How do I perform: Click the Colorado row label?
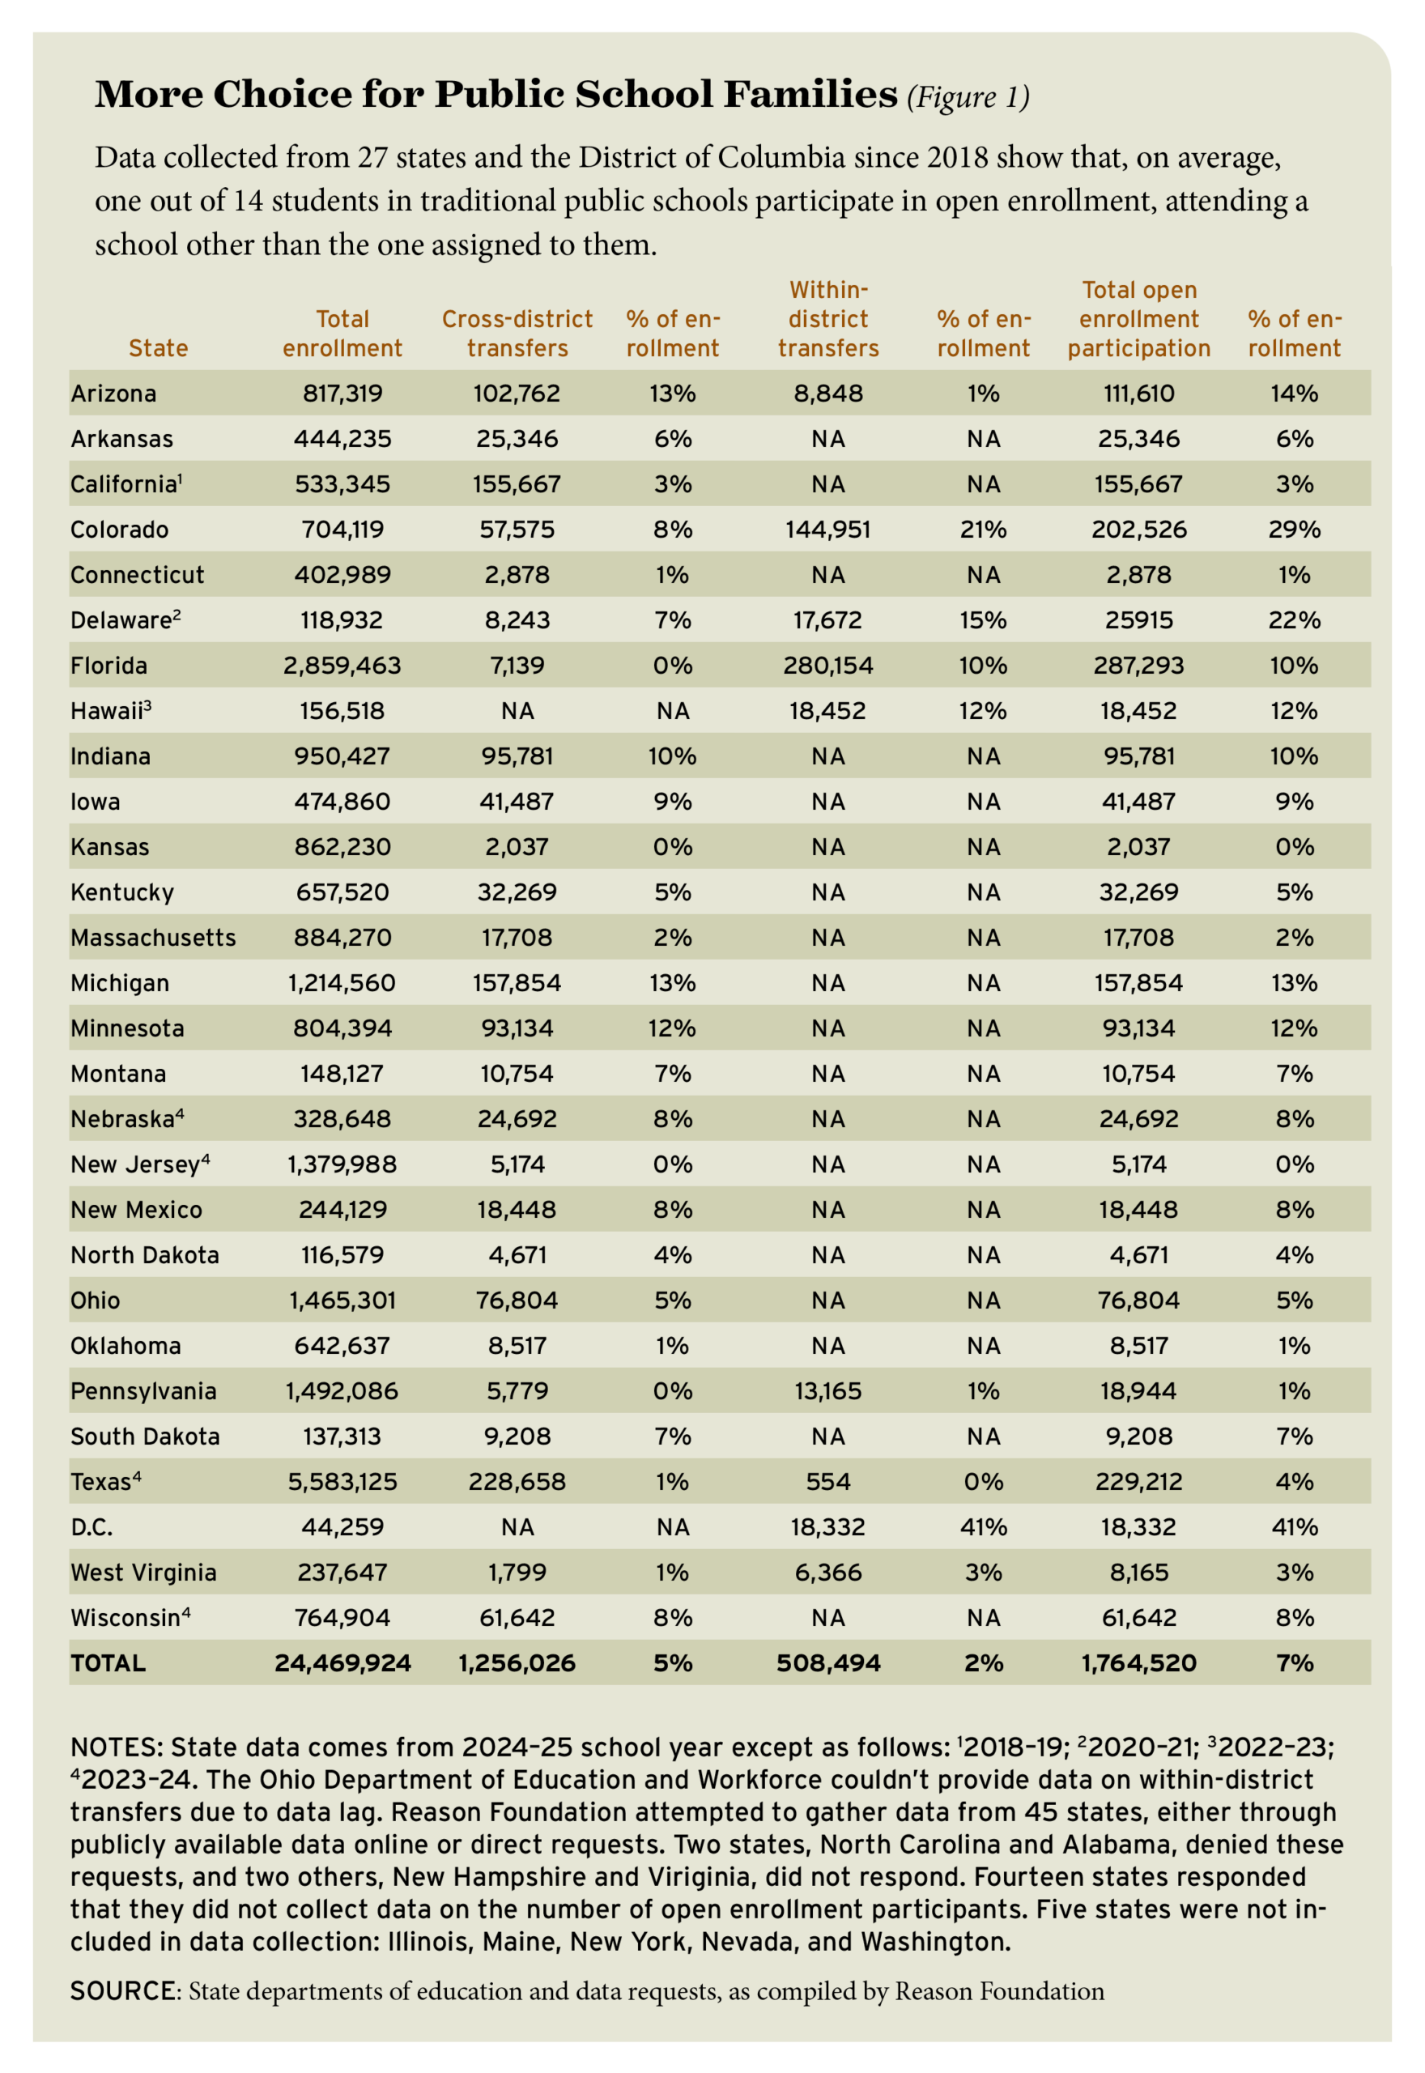click(119, 530)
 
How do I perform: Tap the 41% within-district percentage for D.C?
click(983, 1526)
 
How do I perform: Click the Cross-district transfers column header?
click(517, 333)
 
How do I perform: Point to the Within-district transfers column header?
click(827, 319)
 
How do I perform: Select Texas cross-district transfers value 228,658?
click(517, 1481)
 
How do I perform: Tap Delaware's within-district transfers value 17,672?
click(827, 619)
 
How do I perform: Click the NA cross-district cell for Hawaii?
click(517, 711)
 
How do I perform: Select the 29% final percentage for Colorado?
click(1294, 530)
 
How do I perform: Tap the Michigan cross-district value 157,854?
click(517, 983)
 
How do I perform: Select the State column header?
click(158, 347)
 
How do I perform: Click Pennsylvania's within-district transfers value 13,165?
click(827, 1391)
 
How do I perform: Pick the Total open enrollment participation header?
click(1138, 319)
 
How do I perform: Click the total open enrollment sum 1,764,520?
click(1138, 1662)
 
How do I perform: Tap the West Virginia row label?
click(142, 1572)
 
